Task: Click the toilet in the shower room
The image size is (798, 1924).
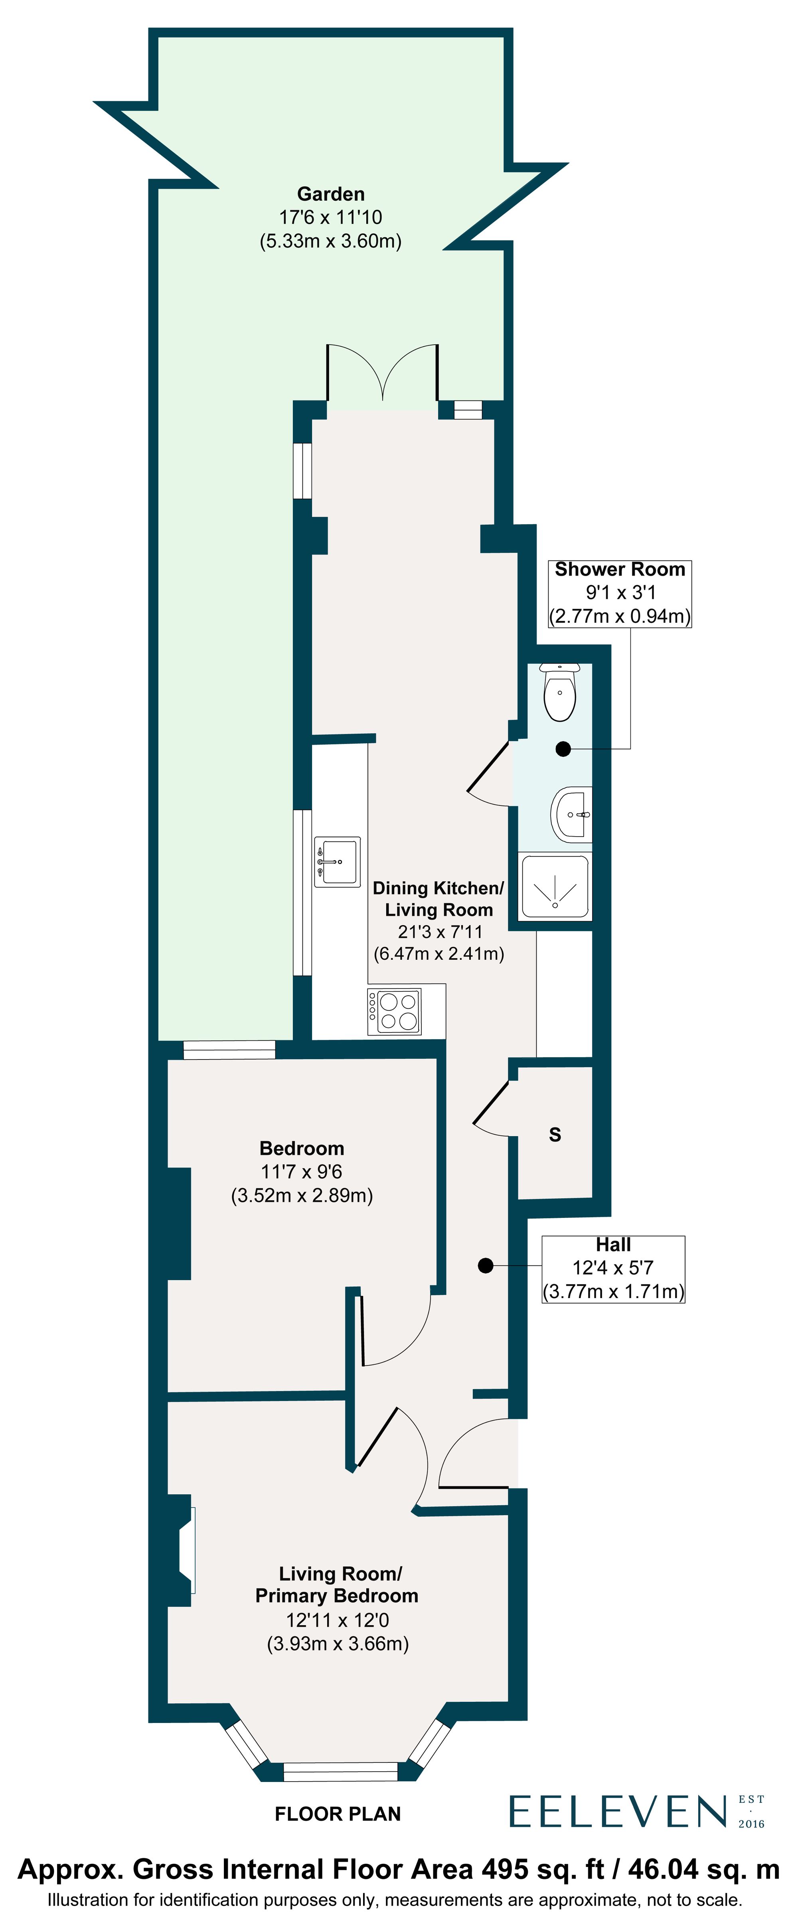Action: click(x=559, y=693)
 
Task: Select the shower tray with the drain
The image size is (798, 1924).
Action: click(x=555, y=886)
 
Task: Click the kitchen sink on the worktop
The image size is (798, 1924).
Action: click(x=337, y=861)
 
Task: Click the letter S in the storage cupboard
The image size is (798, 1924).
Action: click(x=555, y=1135)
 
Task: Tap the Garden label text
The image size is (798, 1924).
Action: click(x=330, y=194)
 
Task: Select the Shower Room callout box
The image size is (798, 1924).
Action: click(x=619, y=593)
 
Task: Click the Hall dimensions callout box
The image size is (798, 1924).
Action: click(x=613, y=1269)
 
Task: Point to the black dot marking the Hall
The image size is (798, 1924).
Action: click(x=486, y=1265)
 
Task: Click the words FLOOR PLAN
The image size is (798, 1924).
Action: click(x=338, y=1813)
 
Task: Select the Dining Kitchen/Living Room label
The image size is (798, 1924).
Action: click(x=439, y=898)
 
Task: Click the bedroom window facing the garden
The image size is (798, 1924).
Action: click(x=229, y=1050)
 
